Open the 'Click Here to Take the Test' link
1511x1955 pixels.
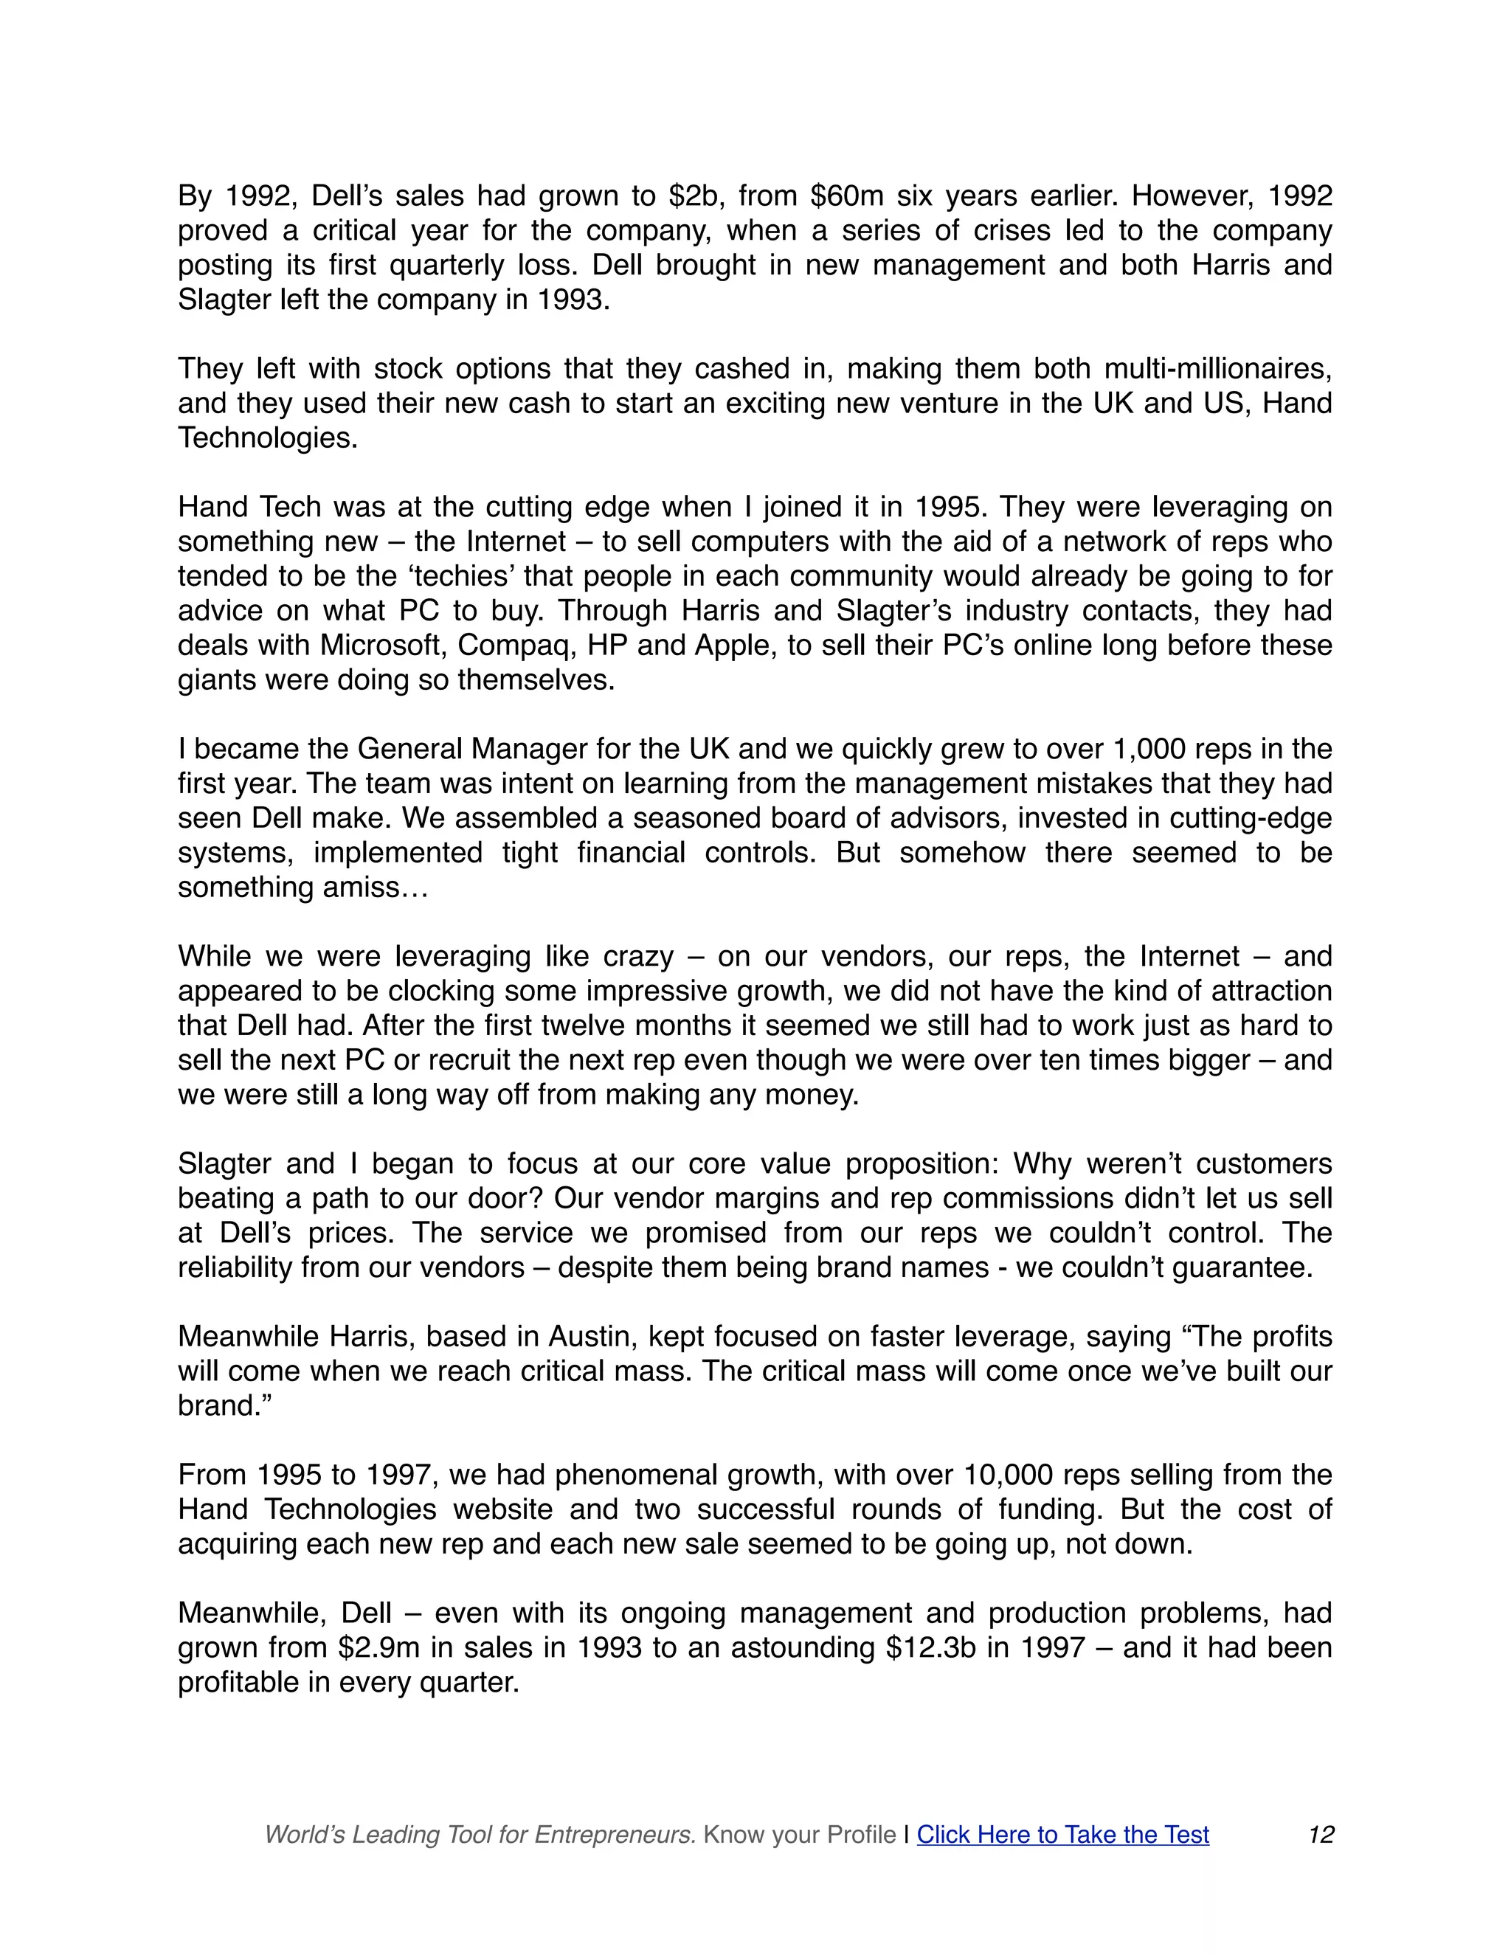coord(1062,1835)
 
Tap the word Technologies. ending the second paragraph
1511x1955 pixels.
coord(268,437)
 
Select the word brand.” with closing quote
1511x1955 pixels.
coord(224,1405)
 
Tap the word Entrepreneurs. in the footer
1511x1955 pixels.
coord(615,1835)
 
